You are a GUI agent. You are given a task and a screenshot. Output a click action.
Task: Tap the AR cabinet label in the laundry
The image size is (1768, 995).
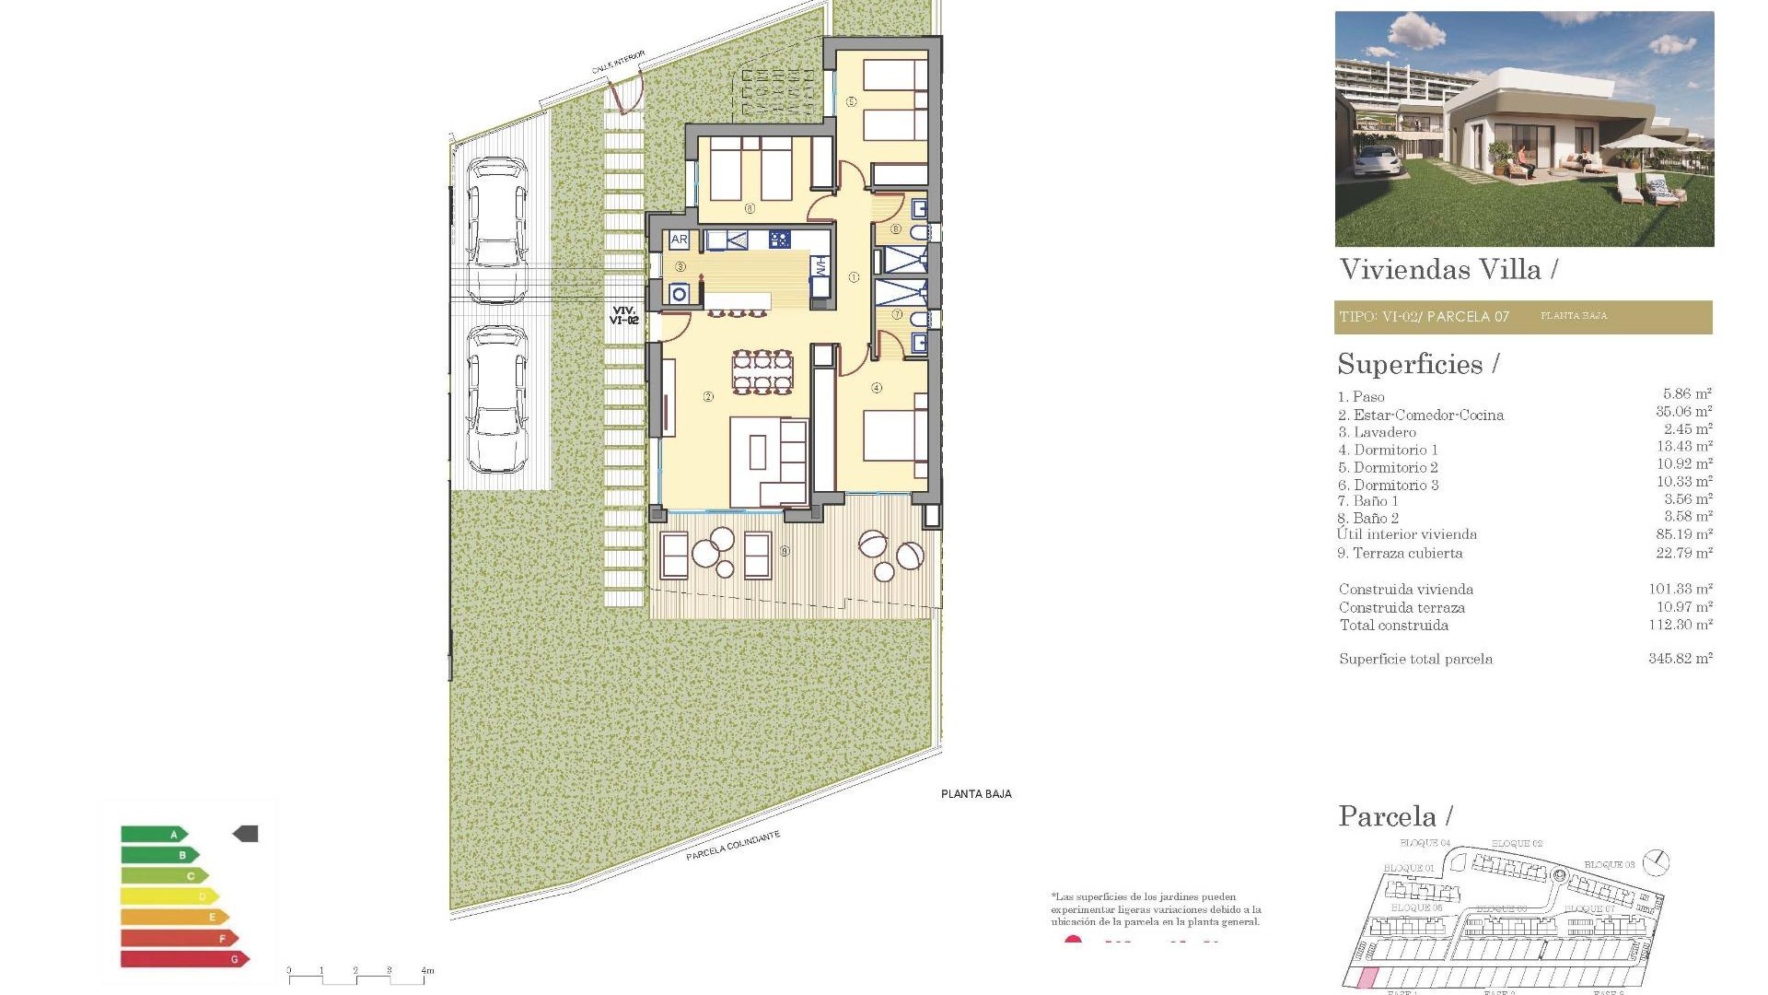[x=680, y=240]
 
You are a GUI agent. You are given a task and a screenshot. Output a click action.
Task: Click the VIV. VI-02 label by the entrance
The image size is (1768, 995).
[x=623, y=315]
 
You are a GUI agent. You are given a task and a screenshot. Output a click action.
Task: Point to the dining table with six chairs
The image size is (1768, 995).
[x=762, y=371]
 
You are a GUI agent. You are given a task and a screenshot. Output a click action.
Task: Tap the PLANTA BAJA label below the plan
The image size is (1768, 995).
[x=976, y=794]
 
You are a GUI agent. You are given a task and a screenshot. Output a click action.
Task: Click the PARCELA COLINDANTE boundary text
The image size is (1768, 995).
[x=733, y=846]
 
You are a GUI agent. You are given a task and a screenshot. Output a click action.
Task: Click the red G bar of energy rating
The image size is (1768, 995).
[x=184, y=959]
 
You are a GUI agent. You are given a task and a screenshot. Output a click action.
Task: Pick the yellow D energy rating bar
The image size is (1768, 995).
[x=169, y=895]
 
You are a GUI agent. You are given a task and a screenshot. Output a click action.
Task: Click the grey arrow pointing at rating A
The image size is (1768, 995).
[x=246, y=834]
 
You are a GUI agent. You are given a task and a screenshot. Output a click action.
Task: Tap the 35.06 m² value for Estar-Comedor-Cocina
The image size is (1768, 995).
[x=1683, y=412]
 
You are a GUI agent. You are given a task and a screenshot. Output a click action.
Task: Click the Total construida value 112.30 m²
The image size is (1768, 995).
[x=1680, y=625]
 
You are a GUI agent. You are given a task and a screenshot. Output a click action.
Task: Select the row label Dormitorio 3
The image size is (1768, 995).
[x=1389, y=485]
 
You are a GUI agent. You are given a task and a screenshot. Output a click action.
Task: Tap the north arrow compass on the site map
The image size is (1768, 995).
[x=1657, y=862]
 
